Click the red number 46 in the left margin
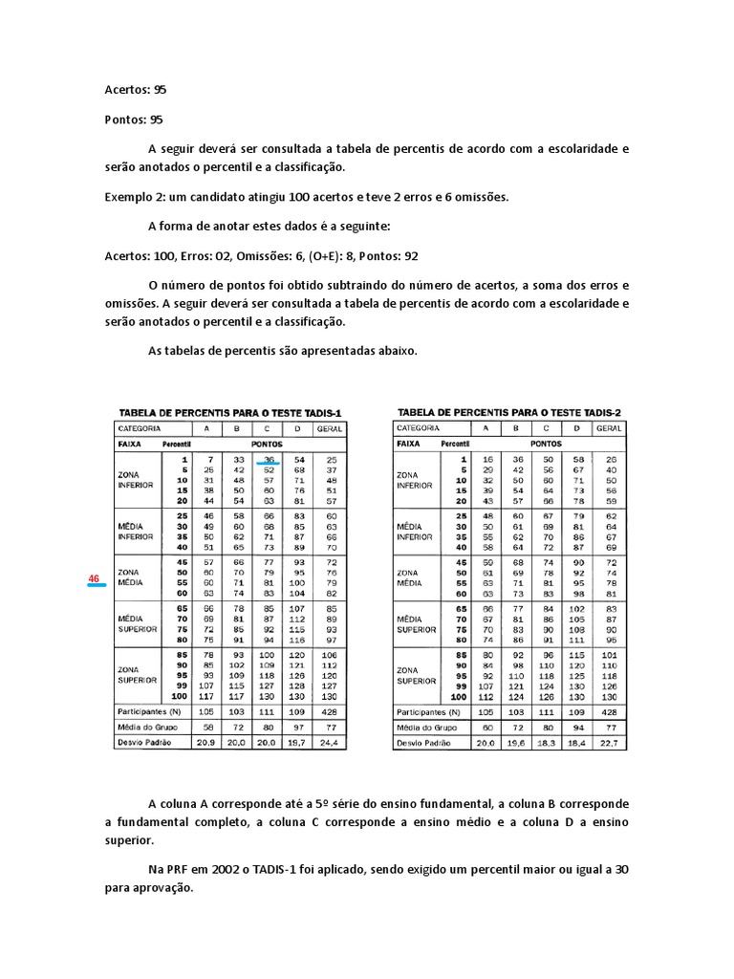click(x=94, y=579)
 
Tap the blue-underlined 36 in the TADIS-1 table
click(x=269, y=460)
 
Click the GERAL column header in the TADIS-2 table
click(x=609, y=429)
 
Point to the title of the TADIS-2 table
click(x=508, y=412)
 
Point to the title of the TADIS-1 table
click(x=229, y=413)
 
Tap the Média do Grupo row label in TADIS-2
click(x=427, y=728)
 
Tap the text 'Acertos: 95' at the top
click(x=136, y=89)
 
